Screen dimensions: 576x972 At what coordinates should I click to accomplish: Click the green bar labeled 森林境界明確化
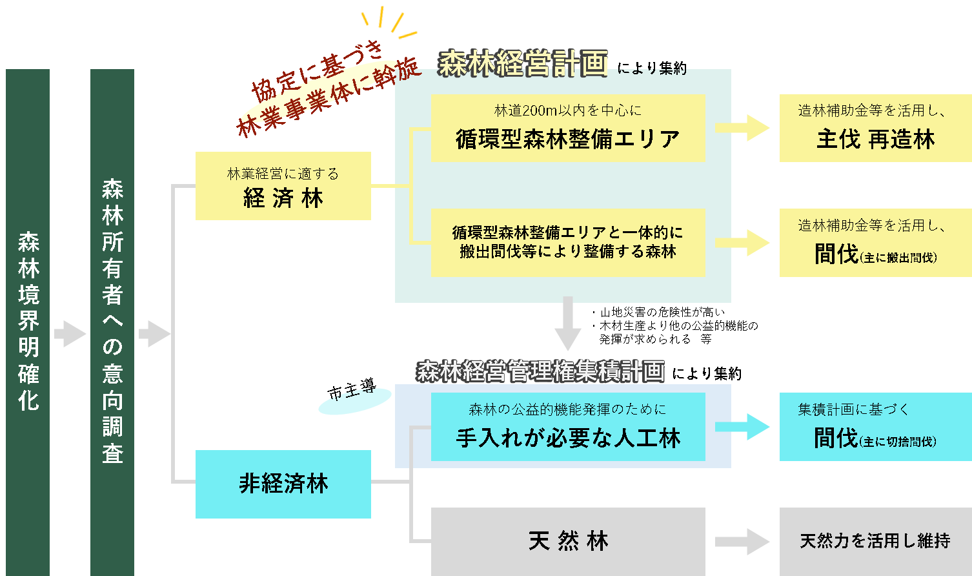(28, 322)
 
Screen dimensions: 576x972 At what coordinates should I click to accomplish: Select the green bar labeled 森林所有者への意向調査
(112, 322)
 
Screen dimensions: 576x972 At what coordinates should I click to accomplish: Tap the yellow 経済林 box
(283, 186)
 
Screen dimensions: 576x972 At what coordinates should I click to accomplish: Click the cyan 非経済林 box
(283, 484)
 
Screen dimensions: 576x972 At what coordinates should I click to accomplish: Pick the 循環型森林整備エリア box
(567, 128)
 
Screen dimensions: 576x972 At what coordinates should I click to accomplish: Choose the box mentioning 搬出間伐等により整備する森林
(567, 242)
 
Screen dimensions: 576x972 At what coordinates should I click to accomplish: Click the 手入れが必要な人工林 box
(567, 427)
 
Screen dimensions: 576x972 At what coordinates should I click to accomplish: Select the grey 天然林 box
(567, 540)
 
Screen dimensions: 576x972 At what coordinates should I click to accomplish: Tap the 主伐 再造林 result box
(875, 128)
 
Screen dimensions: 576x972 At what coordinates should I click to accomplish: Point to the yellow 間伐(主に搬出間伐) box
(875, 242)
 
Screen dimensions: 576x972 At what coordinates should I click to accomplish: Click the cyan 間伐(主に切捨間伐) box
(875, 427)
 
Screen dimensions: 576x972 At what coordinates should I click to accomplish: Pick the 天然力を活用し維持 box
(875, 540)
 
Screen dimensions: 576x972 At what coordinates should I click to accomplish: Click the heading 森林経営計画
(523, 64)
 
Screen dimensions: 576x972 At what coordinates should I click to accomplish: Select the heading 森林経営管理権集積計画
(540, 371)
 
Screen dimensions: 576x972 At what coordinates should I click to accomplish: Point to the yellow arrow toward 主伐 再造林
(742, 128)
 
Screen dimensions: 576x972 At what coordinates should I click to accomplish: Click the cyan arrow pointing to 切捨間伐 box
(742, 427)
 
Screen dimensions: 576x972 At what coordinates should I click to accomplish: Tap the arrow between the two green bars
(70, 334)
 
